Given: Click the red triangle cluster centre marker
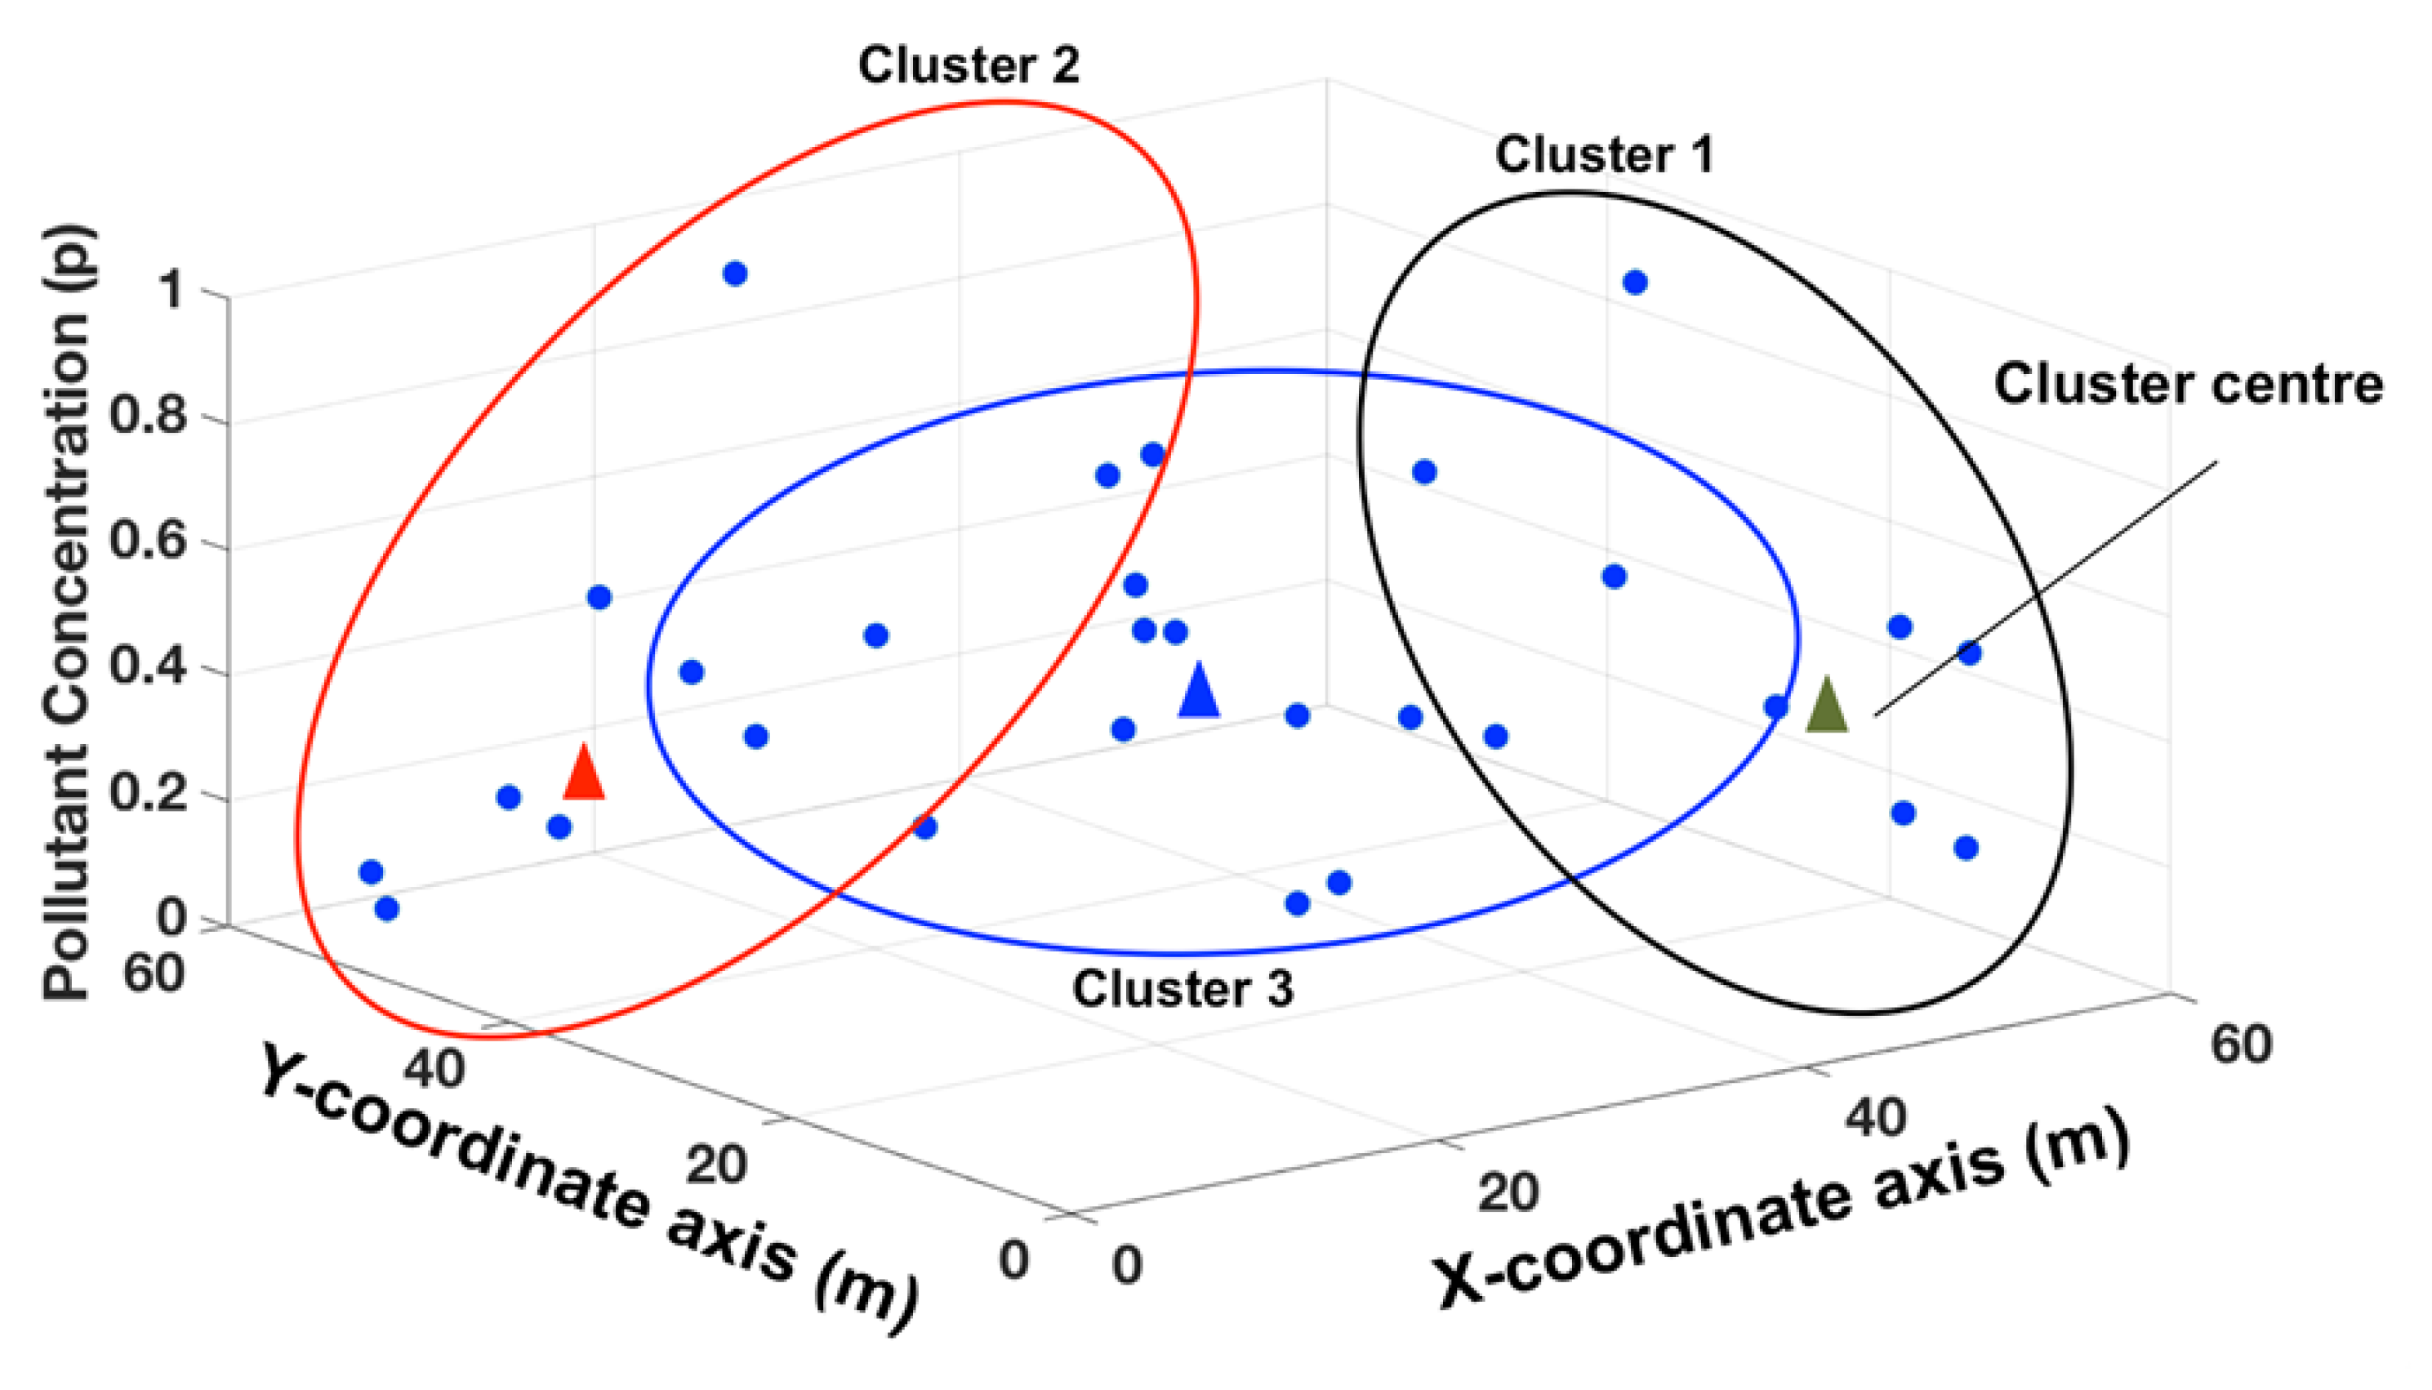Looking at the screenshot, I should tap(584, 774).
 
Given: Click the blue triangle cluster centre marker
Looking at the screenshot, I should tap(1199, 692).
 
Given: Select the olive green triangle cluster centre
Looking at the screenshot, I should tap(1827, 706).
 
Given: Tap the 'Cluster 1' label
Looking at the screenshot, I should tap(1605, 154).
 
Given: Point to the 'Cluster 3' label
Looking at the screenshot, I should tap(1183, 989).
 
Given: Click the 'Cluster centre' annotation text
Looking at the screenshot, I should tap(2189, 385).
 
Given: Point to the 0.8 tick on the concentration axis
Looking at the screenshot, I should tap(147, 417).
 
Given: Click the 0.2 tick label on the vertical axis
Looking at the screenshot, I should tap(147, 792).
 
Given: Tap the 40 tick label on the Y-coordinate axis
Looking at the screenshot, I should tap(434, 1068).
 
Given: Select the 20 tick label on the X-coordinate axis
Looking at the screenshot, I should tap(1508, 1192).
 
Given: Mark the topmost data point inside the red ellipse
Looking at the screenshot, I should tap(735, 274).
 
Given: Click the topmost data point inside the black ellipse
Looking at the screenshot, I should tap(1635, 283).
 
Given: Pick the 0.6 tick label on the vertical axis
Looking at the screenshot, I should tap(147, 541).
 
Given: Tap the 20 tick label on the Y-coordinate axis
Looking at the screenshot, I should tap(716, 1165).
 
